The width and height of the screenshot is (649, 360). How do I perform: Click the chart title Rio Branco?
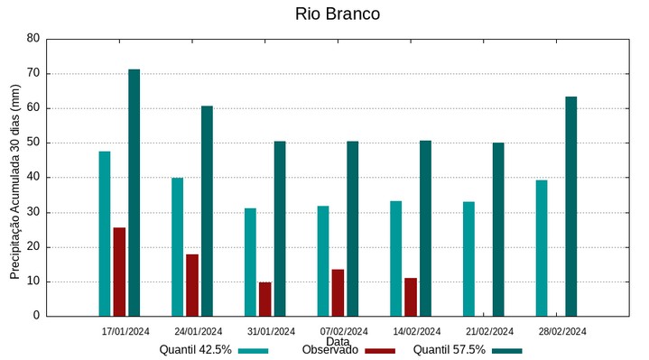tap(337, 14)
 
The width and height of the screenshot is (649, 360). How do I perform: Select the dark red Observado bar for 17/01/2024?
tap(119, 272)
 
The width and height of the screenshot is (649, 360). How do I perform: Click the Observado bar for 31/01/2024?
tap(264, 299)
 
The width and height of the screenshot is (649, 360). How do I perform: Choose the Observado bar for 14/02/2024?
tap(411, 297)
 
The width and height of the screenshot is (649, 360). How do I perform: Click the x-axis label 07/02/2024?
tap(344, 331)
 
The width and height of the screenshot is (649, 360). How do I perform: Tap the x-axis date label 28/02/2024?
tap(562, 331)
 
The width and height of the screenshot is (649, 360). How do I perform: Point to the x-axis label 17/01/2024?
tap(125, 331)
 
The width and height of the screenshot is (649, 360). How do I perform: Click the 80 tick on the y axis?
tap(33, 39)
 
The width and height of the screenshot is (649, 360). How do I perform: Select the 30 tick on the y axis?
tap(33, 212)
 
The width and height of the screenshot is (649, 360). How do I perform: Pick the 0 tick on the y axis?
tap(36, 316)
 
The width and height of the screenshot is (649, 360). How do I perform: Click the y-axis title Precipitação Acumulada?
tap(15, 180)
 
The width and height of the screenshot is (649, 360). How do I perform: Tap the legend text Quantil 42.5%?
tap(196, 350)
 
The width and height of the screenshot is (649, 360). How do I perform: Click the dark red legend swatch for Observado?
tap(380, 350)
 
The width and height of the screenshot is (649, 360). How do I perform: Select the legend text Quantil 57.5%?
tap(449, 350)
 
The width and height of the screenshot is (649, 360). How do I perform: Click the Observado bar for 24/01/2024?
tap(192, 285)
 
